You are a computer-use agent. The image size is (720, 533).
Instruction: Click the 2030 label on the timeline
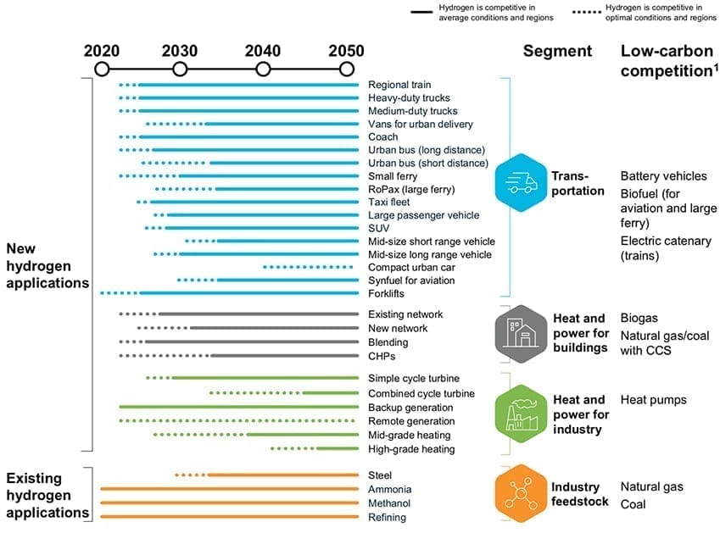click(179, 50)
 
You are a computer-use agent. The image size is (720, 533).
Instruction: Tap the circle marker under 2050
click(346, 69)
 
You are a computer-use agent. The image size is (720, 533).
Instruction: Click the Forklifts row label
click(387, 294)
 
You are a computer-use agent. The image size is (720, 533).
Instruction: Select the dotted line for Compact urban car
click(308, 268)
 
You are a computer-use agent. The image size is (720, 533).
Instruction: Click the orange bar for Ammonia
click(229, 489)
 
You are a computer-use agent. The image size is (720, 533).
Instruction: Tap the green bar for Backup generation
click(238, 408)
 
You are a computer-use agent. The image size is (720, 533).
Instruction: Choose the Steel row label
click(381, 475)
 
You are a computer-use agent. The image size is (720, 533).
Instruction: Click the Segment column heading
click(557, 51)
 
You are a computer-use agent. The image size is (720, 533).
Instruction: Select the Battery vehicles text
click(663, 176)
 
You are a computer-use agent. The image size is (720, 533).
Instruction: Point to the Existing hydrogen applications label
click(47, 496)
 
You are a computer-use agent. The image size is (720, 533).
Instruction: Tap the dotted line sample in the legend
click(585, 12)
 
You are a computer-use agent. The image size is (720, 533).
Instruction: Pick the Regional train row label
click(399, 85)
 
